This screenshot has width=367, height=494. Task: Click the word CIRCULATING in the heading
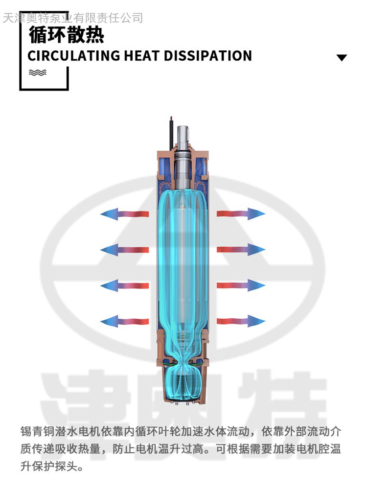point(74,56)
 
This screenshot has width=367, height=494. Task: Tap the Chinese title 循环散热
point(67,35)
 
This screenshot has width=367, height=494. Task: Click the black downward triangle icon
point(342,58)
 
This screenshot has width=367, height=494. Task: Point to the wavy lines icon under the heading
point(38,73)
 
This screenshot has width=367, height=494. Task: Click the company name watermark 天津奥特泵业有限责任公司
point(73,18)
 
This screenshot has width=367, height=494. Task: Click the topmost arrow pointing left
point(124,214)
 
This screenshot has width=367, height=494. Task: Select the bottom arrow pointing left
point(124,321)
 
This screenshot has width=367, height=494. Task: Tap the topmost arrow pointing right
point(241,214)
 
